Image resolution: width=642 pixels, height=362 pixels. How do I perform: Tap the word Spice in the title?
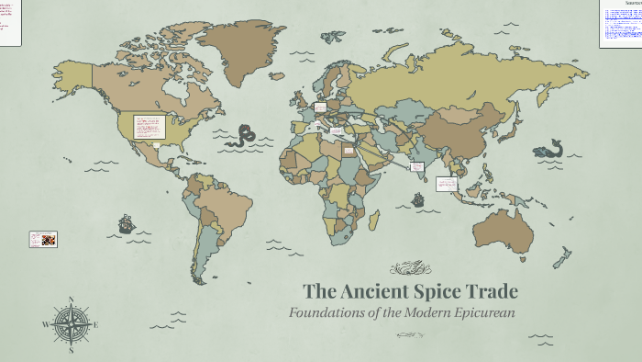pos(441,292)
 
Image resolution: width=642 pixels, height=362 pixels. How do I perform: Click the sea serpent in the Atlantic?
pos(245,136)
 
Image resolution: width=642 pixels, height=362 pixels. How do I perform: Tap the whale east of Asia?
pos(549,149)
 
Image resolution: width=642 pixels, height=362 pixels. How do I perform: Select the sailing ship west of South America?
pos(126,223)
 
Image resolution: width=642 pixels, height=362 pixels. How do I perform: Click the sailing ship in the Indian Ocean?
pos(418,199)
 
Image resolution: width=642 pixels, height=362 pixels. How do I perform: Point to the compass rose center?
pos(71,323)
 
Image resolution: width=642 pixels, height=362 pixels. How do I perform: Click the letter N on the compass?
pos(71,300)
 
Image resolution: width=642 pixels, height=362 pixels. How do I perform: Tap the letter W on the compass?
pos(45,324)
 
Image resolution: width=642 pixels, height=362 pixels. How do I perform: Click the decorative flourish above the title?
pos(410,268)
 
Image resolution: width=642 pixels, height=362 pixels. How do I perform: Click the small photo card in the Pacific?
pos(43,239)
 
